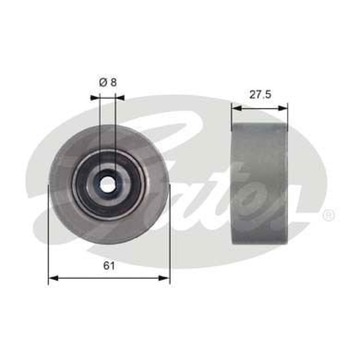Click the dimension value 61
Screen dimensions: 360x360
click(x=109, y=266)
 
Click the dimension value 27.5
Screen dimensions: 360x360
click(x=259, y=95)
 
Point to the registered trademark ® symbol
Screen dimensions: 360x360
click(x=328, y=215)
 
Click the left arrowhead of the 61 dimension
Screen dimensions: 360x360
click(x=51, y=278)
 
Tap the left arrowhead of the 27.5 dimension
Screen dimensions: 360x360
click(x=235, y=107)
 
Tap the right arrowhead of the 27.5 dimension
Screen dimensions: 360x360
click(x=284, y=107)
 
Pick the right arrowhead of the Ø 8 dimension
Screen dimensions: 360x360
click(x=120, y=96)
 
